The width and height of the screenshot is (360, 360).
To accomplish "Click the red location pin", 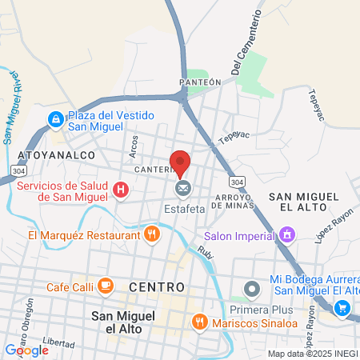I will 181,162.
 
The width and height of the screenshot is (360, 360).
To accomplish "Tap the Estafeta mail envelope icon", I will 183,188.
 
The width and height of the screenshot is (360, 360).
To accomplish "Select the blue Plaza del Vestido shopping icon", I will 55,120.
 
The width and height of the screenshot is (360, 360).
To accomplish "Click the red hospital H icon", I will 120,190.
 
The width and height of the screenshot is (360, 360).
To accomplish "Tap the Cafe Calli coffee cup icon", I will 105,286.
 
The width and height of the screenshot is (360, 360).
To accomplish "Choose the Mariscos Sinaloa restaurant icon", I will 199,322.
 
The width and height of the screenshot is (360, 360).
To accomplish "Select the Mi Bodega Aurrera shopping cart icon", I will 342,308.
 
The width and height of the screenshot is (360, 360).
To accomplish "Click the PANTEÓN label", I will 200,82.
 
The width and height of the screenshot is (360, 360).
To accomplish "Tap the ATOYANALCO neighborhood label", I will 50,154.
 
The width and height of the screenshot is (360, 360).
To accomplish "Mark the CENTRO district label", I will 156,286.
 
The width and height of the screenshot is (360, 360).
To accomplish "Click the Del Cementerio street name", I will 248,43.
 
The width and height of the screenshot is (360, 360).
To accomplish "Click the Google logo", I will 26,350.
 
